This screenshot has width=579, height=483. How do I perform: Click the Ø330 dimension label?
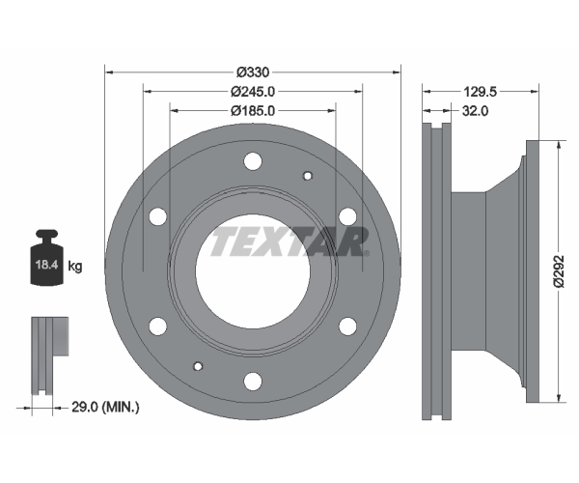[253, 72]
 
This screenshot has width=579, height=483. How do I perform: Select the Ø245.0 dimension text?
[253, 91]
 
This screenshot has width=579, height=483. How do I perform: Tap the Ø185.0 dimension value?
[253, 110]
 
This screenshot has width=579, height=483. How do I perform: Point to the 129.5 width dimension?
[480, 91]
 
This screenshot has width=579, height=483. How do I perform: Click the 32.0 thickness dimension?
[475, 110]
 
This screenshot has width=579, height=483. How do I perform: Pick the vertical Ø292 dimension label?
[559, 270]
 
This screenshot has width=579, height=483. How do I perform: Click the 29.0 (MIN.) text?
[105, 408]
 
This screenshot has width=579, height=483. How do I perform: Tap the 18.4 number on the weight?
[46, 265]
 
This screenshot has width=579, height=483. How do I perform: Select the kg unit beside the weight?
[75, 266]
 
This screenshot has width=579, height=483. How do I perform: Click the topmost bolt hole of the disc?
[253, 161]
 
